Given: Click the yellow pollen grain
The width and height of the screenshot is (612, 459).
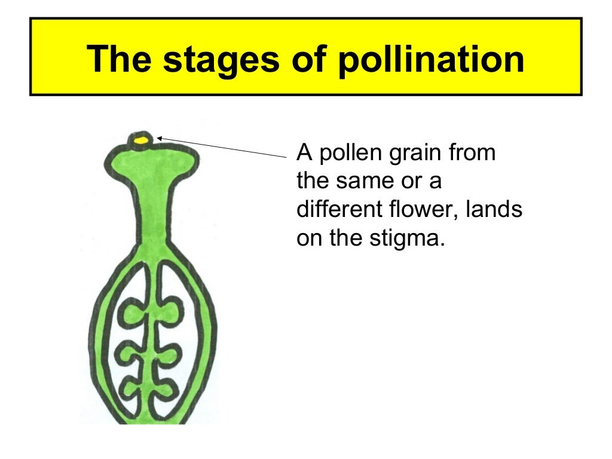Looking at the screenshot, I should (142, 140).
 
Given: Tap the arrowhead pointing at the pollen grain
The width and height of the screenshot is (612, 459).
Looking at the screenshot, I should (160, 139).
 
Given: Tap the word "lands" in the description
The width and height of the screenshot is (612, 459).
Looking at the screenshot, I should (497, 209).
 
